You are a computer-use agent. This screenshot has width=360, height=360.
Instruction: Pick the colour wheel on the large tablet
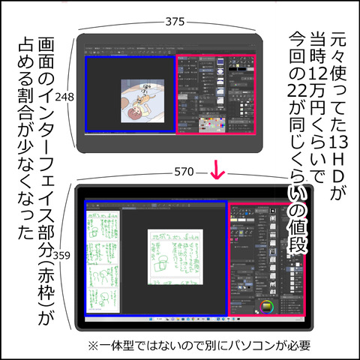coord(266,306)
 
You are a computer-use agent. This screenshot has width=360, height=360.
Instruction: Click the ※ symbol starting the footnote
coord(93,347)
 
